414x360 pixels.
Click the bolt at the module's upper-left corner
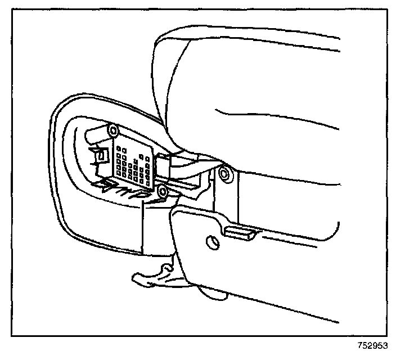point(112,131)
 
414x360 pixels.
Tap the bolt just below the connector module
point(163,192)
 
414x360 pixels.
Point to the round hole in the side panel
point(213,242)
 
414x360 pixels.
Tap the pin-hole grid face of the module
point(133,163)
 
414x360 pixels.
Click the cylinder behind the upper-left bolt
point(96,135)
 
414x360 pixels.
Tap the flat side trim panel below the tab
point(270,264)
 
